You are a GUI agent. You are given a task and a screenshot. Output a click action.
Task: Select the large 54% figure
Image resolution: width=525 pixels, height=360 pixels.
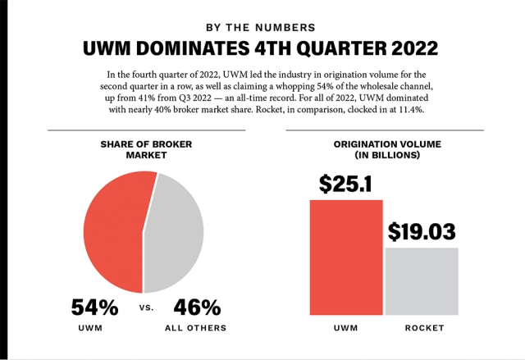tap(94, 308)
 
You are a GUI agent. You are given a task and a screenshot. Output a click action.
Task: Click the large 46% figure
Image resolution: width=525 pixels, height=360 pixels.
tap(197, 308)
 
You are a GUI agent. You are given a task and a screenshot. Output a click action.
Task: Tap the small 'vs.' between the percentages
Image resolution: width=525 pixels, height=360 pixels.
tap(144, 309)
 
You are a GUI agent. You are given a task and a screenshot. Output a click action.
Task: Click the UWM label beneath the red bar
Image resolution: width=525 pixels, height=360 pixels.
tap(346, 328)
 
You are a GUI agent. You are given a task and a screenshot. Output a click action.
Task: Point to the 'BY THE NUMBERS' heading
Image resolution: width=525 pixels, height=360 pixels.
tap(262, 26)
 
